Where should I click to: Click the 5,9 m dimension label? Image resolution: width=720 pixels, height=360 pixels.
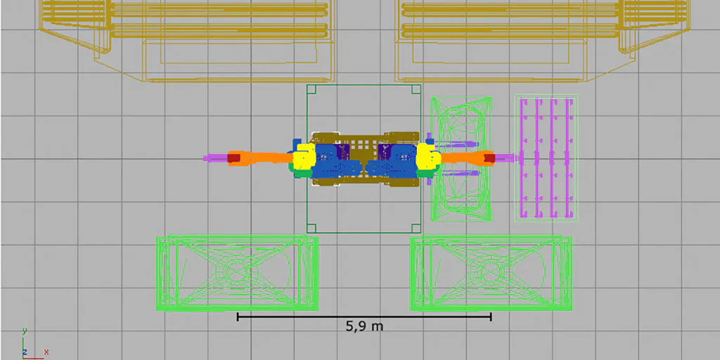364,326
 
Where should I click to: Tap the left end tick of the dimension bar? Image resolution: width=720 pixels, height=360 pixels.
238,316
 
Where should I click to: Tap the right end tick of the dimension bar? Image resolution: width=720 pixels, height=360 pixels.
491,316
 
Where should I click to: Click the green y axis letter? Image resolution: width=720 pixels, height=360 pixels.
25,330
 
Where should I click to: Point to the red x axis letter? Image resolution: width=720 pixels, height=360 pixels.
46,352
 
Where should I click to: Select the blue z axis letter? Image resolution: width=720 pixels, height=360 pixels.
25,352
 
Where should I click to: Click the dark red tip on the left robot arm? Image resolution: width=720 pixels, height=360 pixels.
234,158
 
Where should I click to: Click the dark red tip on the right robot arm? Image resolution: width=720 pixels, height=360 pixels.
489,158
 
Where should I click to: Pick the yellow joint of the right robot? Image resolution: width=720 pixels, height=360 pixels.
427,155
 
